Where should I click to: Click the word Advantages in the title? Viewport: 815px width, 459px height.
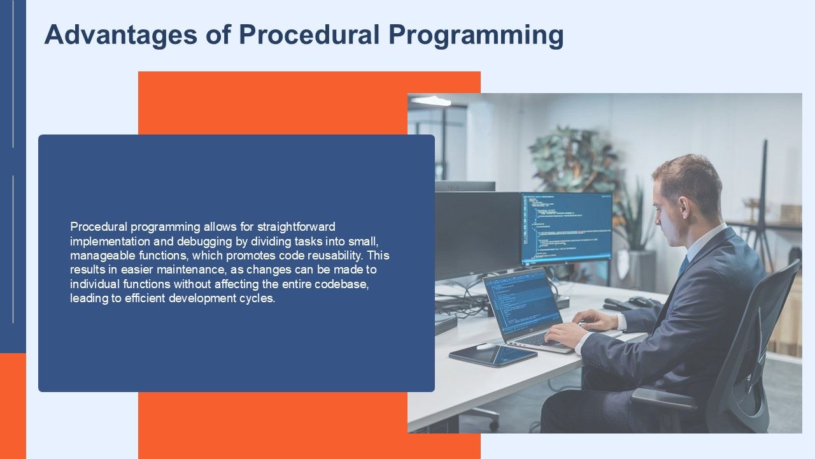(121, 35)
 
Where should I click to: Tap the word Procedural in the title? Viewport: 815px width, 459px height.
(309, 34)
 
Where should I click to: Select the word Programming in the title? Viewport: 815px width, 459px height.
(476, 35)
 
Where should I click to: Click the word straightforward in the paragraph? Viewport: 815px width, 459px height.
(296, 227)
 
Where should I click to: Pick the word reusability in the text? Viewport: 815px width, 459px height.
(335, 256)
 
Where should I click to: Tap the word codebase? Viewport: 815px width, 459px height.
(342, 284)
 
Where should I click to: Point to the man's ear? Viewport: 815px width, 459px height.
(683, 206)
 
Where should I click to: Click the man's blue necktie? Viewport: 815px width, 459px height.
(683, 265)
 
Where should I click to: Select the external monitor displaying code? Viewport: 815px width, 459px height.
(566, 228)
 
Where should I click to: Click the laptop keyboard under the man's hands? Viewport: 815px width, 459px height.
(539, 340)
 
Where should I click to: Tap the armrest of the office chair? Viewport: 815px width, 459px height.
(664, 398)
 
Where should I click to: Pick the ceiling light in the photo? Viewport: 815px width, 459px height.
(431, 101)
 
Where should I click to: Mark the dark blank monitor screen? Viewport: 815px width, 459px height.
(478, 235)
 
